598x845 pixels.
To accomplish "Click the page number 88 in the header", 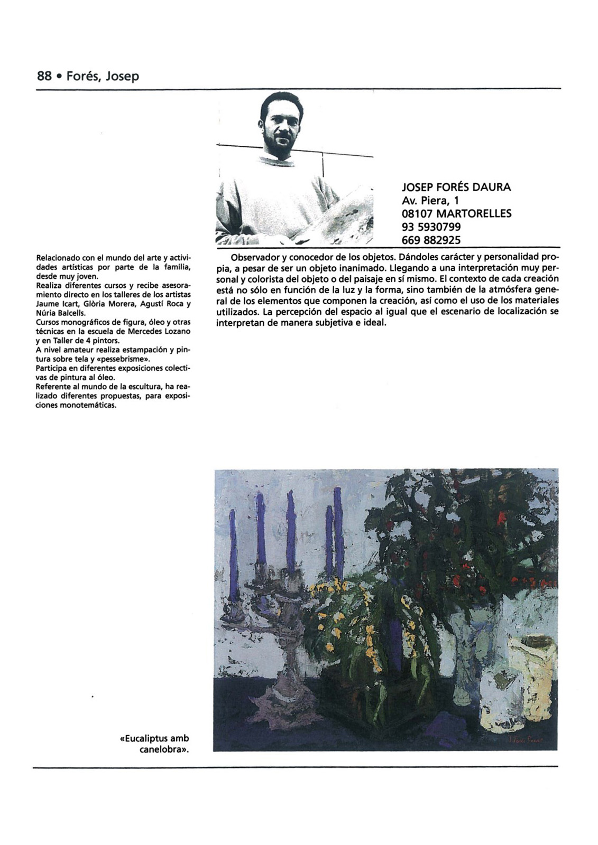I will tap(44, 77).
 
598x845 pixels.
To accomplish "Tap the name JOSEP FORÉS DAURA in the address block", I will tap(456, 187).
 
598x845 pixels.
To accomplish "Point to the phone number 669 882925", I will tap(431, 240).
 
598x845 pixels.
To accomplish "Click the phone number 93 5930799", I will tap(431, 227).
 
